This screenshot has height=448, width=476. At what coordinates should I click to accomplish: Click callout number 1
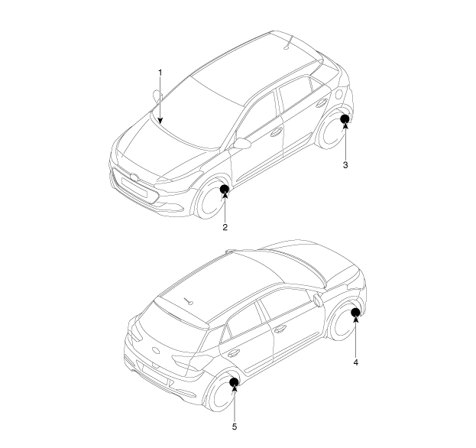pyautogui.click(x=160, y=73)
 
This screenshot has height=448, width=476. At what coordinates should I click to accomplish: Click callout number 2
pyautogui.click(x=225, y=227)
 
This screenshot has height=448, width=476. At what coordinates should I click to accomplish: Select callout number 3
pyautogui.click(x=345, y=165)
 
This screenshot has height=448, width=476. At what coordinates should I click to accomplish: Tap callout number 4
pyautogui.click(x=356, y=362)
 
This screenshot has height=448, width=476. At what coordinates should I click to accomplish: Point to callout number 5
pyautogui.click(x=235, y=427)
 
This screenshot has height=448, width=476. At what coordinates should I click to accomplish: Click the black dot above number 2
pyautogui.click(x=225, y=190)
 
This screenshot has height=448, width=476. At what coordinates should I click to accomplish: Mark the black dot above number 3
pyautogui.click(x=345, y=118)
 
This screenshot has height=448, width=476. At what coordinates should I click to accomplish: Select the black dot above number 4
pyautogui.click(x=355, y=312)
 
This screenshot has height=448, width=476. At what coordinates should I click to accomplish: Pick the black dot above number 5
pyautogui.click(x=234, y=382)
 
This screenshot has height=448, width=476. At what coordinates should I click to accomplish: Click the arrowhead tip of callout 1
pyautogui.click(x=160, y=124)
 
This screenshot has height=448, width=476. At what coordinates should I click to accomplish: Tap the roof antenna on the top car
pyautogui.click(x=288, y=43)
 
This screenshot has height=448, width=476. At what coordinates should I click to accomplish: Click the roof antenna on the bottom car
pyautogui.click(x=188, y=300)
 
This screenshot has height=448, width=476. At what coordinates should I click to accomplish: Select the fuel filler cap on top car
pyautogui.click(x=338, y=94)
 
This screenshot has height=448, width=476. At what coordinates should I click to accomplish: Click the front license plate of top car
pyautogui.click(x=134, y=187)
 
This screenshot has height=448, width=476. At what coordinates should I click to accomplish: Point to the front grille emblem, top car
pyautogui.click(x=134, y=177)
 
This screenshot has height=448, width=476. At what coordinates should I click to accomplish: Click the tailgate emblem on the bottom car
pyautogui.click(x=156, y=350)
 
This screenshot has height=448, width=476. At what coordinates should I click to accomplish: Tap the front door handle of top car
pyautogui.click(x=276, y=132)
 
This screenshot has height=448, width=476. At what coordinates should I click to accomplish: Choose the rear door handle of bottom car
pyautogui.click(x=233, y=353)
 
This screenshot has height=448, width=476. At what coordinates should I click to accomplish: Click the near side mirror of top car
pyautogui.click(x=242, y=144)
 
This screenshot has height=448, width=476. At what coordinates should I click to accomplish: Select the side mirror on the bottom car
pyautogui.click(x=317, y=300)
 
